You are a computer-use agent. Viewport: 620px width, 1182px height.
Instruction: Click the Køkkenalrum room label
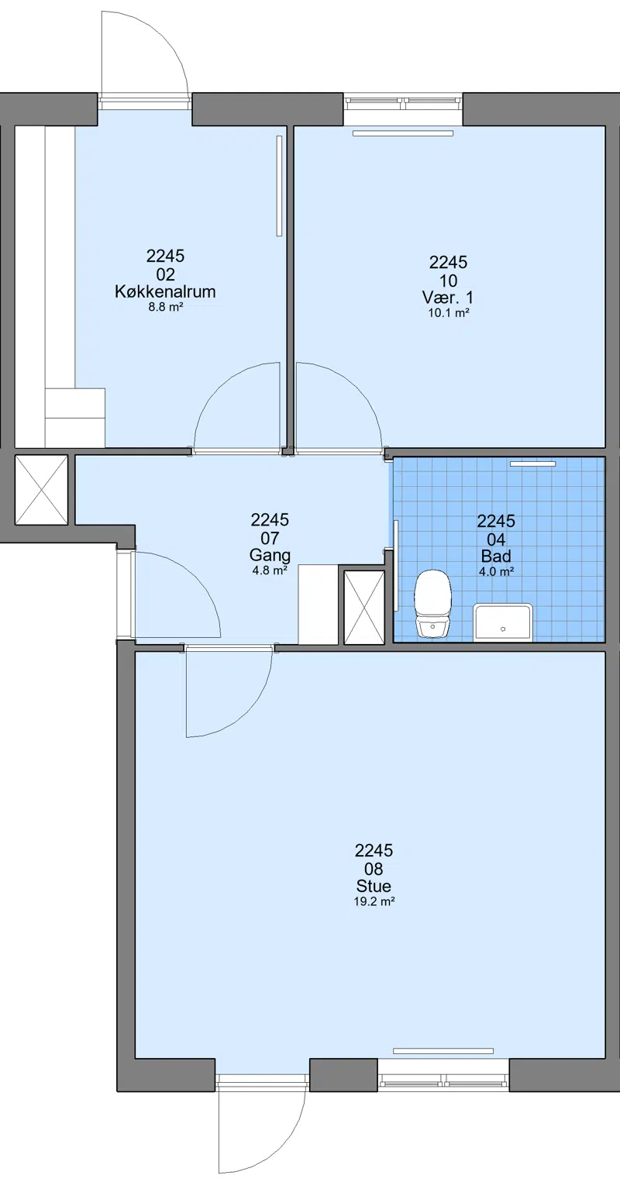(x=165, y=291)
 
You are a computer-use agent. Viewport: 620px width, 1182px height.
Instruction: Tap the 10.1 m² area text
(x=449, y=313)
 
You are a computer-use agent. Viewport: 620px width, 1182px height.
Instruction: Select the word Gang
(x=270, y=555)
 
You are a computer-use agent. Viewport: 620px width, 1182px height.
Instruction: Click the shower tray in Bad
(x=503, y=622)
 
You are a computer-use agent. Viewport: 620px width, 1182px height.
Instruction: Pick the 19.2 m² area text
(x=374, y=901)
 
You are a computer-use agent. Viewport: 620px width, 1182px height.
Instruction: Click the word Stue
(x=374, y=885)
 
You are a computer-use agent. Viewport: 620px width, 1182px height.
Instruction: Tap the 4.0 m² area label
(x=497, y=571)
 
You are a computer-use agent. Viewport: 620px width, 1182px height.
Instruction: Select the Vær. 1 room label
(x=448, y=297)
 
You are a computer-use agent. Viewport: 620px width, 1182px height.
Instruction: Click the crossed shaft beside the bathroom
(x=364, y=608)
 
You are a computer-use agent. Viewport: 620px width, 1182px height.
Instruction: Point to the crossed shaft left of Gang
(x=41, y=490)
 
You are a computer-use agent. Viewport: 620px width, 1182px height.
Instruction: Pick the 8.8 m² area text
(x=165, y=307)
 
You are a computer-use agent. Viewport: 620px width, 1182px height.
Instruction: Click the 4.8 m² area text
(x=270, y=570)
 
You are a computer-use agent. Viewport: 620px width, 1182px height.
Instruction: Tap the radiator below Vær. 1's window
(x=404, y=133)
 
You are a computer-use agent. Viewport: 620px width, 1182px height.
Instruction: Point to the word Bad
(x=496, y=557)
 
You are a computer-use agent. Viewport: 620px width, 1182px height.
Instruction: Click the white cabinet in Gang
(x=319, y=605)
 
